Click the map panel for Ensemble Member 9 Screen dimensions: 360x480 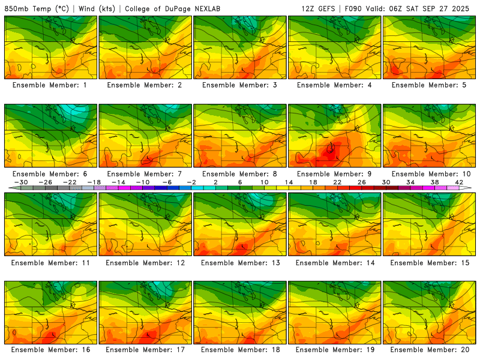pos(334,136)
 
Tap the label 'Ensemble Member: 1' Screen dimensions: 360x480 pos(50,85)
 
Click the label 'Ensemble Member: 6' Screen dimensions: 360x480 pos(50,174)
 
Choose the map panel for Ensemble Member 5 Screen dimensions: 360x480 pos(429,47)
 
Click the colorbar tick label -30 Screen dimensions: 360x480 pos(22,182)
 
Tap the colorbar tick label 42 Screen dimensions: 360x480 pos(459,182)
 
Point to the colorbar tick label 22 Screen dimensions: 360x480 pos(337,182)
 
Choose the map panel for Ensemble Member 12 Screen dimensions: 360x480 pos(145,224)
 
